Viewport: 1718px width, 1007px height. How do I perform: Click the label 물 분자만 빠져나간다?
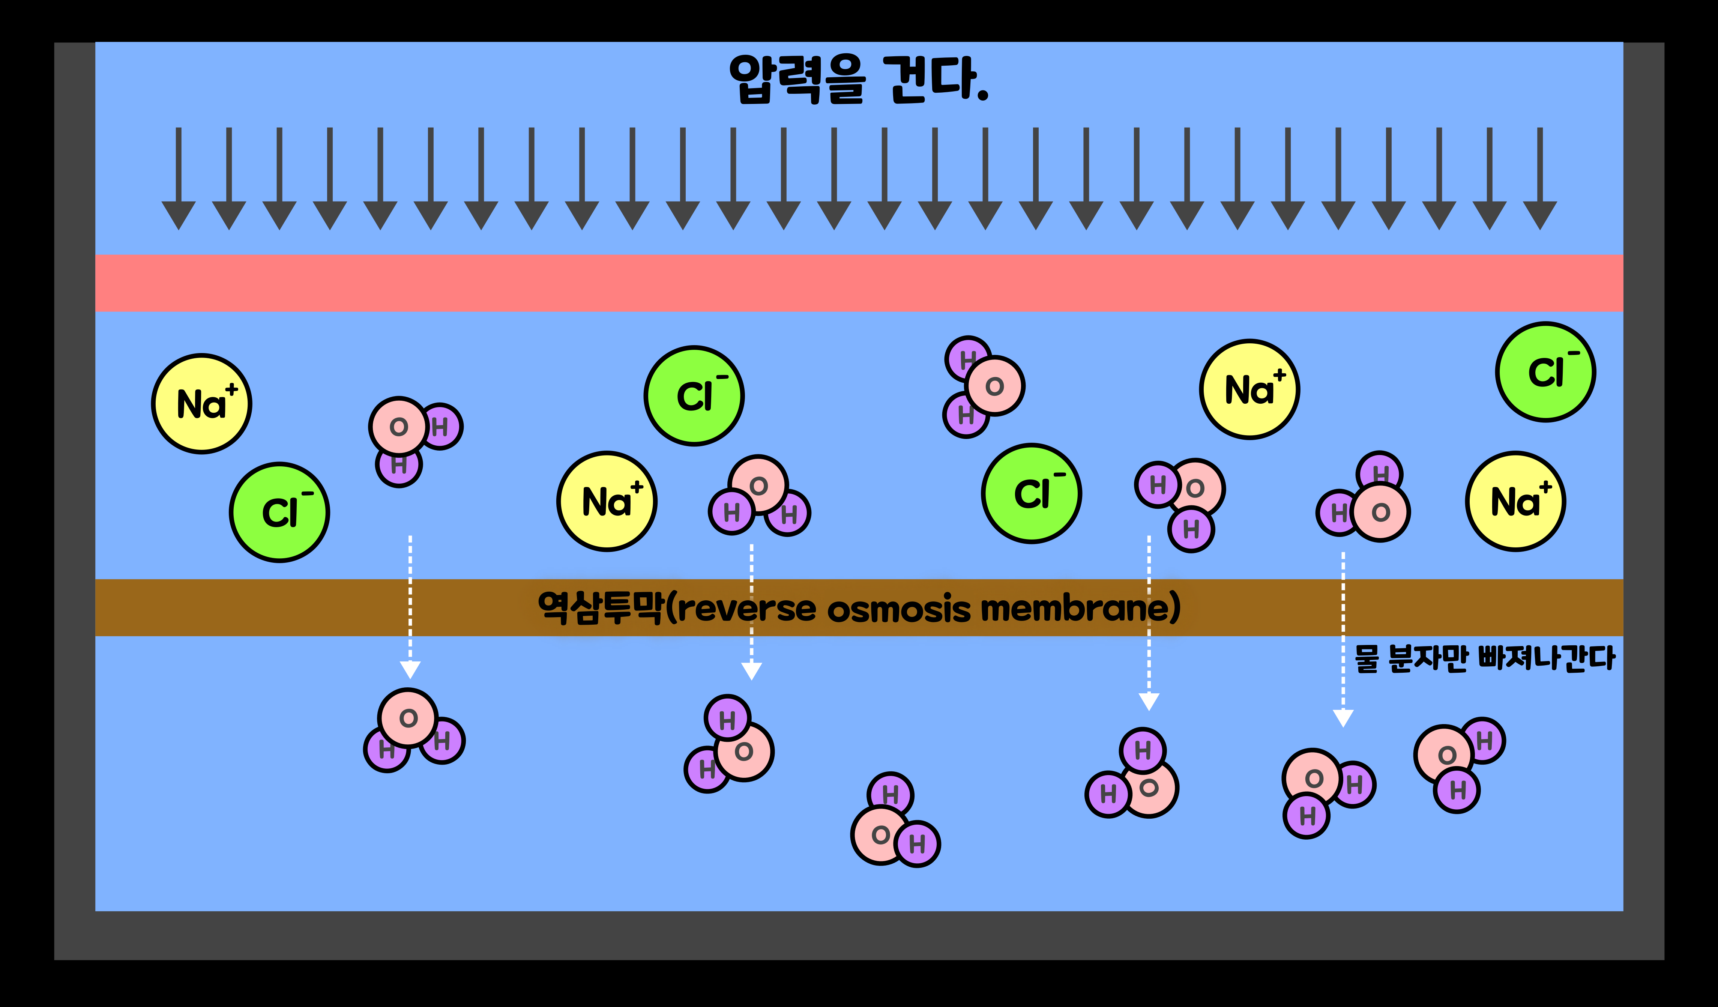(1484, 658)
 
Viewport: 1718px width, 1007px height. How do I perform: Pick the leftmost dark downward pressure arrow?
(179, 179)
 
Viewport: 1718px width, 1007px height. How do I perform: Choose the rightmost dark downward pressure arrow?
(1539, 179)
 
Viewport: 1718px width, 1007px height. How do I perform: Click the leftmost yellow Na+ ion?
(202, 404)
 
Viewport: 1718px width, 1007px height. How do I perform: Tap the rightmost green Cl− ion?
(1545, 372)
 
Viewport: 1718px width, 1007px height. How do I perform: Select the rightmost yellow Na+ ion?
(1515, 501)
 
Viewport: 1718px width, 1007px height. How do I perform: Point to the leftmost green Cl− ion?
(279, 513)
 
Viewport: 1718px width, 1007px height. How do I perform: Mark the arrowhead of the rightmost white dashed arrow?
(1343, 718)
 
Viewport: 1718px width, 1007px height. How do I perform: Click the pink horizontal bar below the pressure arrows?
(859, 283)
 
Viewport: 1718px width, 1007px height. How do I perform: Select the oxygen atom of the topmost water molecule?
(995, 386)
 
